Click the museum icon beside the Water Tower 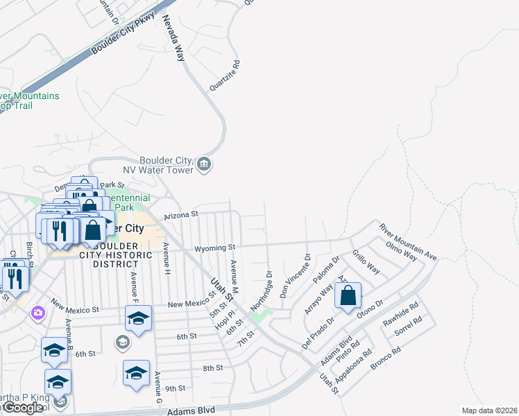point(204,164)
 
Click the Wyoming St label point(215,247)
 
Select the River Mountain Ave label point(409,241)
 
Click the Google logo point(24,408)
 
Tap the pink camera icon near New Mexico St point(37,313)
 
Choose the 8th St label point(213,367)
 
